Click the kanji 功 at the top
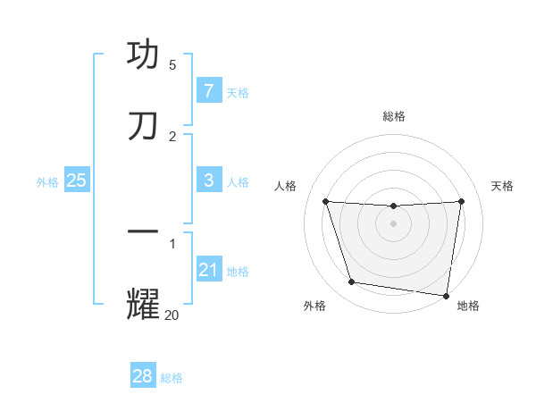point(143,55)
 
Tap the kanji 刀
point(143,127)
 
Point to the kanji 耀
point(143,303)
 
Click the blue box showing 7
point(208,91)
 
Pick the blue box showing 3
point(208,181)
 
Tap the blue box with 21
point(208,270)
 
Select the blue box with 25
point(77,181)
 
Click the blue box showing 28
point(143,376)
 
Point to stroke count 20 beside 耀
point(172,315)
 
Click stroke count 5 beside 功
point(172,65)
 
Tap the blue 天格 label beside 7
point(238,92)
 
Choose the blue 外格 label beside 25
point(47,181)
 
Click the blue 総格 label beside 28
point(172,377)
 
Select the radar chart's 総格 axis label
point(394,116)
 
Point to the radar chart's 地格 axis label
point(468,306)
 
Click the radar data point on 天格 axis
point(462,201)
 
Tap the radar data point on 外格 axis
point(352,282)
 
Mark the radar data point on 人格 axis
point(325,201)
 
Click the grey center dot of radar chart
point(394,223)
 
